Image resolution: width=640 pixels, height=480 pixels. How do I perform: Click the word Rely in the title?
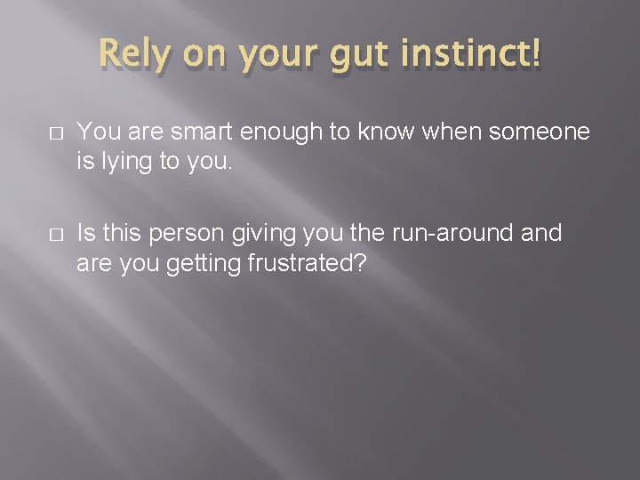pyautogui.click(x=134, y=56)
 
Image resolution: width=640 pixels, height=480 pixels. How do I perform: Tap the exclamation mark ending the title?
pyautogui.click(x=532, y=55)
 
